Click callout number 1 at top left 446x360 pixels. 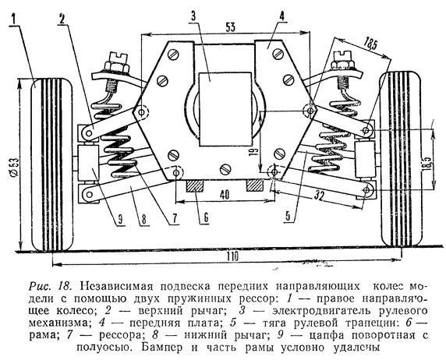pyautogui.click(x=14, y=19)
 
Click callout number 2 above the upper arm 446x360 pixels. pyautogui.click(x=62, y=18)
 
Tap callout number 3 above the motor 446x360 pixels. pyautogui.click(x=193, y=16)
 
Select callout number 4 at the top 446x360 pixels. pyautogui.click(x=281, y=16)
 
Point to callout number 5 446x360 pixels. pyautogui.click(x=288, y=217)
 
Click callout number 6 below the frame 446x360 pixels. pyautogui.click(x=206, y=217)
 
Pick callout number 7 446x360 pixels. pyautogui.click(x=175, y=218)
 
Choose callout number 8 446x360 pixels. pyautogui.click(x=144, y=220)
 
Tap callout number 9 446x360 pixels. pyautogui.click(x=120, y=220)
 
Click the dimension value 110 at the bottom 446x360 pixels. pyautogui.click(x=232, y=256)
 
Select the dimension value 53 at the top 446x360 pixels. pyautogui.click(x=230, y=27)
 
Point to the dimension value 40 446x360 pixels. pyautogui.click(x=225, y=195)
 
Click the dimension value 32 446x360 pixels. pyautogui.click(x=320, y=196)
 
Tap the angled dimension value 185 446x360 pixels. pyautogui.click(x=370, y=44)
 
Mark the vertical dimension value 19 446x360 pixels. pyautogui.click(x=255, y=151)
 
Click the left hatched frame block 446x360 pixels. pyautogui.click(x=195, y=186)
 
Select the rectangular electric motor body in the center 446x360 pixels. pyautogui.click(x=225, y=109)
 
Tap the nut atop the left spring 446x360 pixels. pyautogui.click(x=117, y=67)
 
